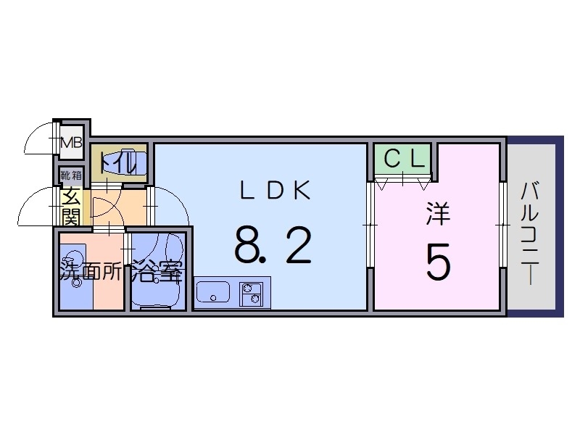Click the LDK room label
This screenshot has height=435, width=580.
pyautogui.click(x=275, y=190)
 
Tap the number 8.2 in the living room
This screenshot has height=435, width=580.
pyautogui.click(x=273, y=245)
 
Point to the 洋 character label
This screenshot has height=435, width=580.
pyautogui.click(x=437, y=215)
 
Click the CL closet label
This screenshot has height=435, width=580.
pyautogui.click(x=403, y=159)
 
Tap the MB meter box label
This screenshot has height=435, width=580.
pyautogui.click(x=72, y=142)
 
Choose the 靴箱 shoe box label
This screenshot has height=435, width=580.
pyautogui.click(x=71, y=175)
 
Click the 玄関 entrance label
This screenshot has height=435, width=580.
pyautogui.click(x=70, y=205)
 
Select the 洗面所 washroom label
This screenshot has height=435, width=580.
pyautogui.click(x=91, y=274)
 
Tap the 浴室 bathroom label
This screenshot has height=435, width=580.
pyautogui.click(x=155, y=274)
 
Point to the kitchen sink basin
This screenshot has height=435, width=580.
pyautogui.click(x=212, y=293)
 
